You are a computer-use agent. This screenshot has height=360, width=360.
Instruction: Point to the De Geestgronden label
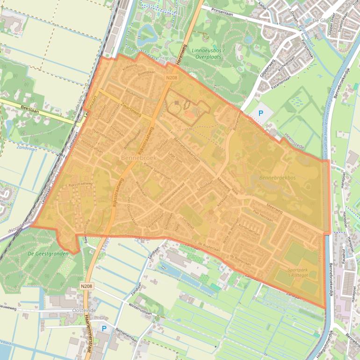tap(48, 253)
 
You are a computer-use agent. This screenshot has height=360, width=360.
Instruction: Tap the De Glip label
tap(321, 21)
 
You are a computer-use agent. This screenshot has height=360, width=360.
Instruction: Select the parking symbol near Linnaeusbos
tap(261, 113)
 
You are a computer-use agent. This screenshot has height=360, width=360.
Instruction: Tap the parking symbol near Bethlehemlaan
tap(104, 329)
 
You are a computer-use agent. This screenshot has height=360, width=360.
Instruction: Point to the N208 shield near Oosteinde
tap(86, 285)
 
